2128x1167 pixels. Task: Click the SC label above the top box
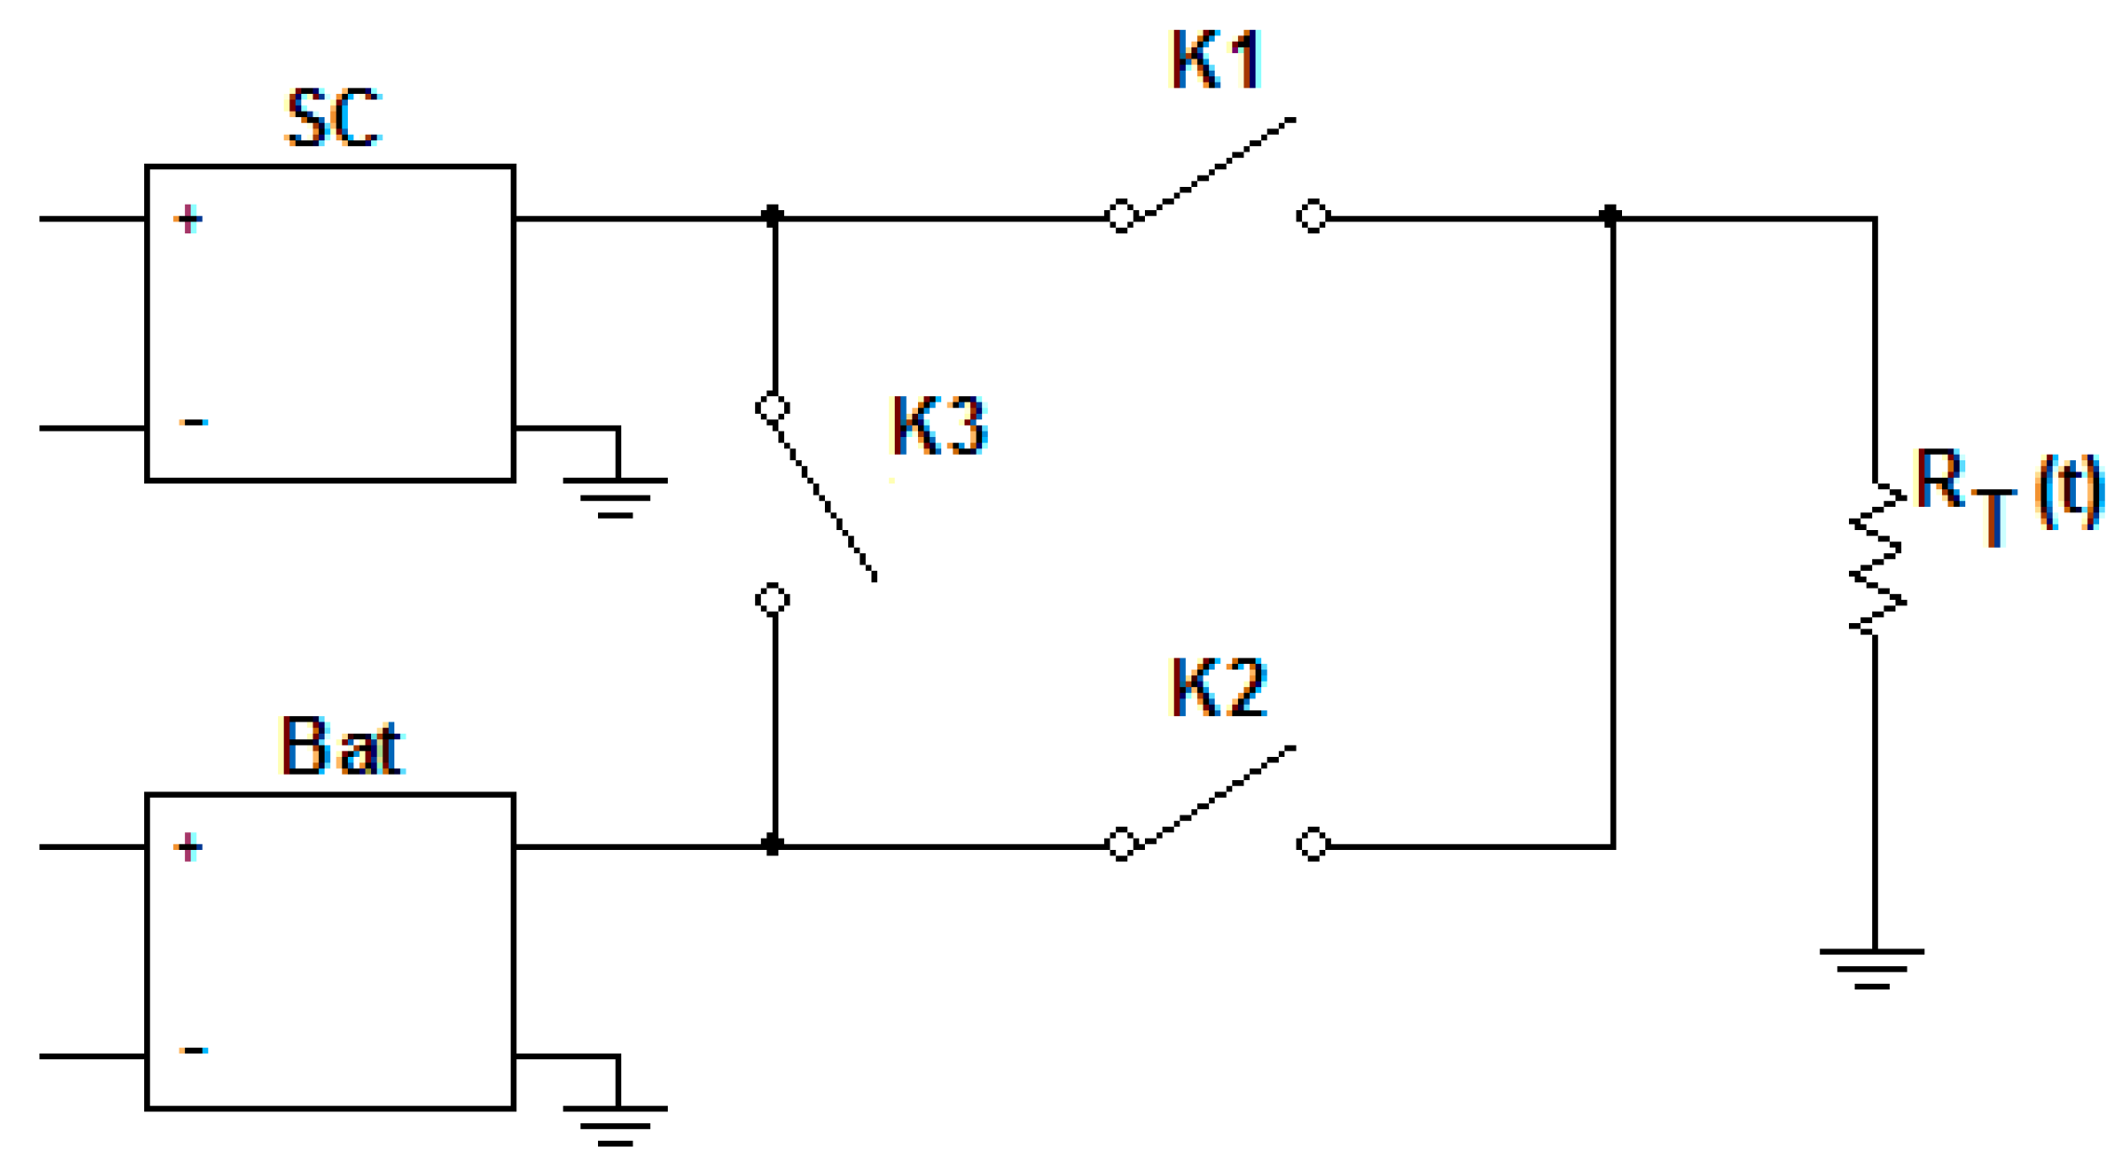click(x=333, y=118)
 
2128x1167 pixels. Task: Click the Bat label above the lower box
click(x=340, y=747)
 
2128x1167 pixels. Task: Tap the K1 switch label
click(x=1215, y=60)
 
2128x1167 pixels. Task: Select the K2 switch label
click(x=1217, y=688)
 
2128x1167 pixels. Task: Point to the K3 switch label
click(x=938, y=426)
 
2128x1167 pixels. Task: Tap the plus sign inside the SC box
click(x=188, y=219)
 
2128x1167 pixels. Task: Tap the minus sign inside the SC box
click(x=193, y=423)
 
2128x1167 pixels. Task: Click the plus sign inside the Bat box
click(x=188, y=847)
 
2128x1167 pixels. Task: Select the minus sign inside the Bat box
click(x=193, y=1051)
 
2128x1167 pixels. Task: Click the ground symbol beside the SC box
click(x=615, y=497)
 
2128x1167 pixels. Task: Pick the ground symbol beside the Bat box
click(x=615, y=1124)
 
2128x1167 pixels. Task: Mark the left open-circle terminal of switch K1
click(x=1122, y=216)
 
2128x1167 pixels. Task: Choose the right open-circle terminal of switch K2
click(x=1312, y=843)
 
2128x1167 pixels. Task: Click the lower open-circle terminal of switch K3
click(x=773, y=600)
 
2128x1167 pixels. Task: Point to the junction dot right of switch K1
click(x=1611, y=217)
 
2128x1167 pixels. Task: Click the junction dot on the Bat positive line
click(x=772, y=844)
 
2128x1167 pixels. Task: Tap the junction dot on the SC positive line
click(x=772, y=217)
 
